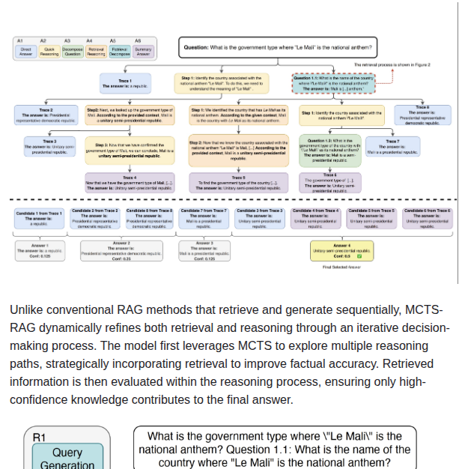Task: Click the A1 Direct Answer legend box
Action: tap(25, 52)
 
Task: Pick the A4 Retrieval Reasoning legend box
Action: tap(96, 52)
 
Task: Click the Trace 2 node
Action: tap(46, 115)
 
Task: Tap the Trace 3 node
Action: tap(49, 146)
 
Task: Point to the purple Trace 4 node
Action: tap(130, 183)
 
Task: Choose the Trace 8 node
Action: tap(422, 114)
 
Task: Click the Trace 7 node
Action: tap(392, 145)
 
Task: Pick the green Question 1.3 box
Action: tap(330, 150)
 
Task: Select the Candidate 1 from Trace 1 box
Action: tap(39, 218)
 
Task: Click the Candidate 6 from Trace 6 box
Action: tap(428, 218)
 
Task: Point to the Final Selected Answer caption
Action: tap(341, 267)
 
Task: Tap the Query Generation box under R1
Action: tap(67, 458)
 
